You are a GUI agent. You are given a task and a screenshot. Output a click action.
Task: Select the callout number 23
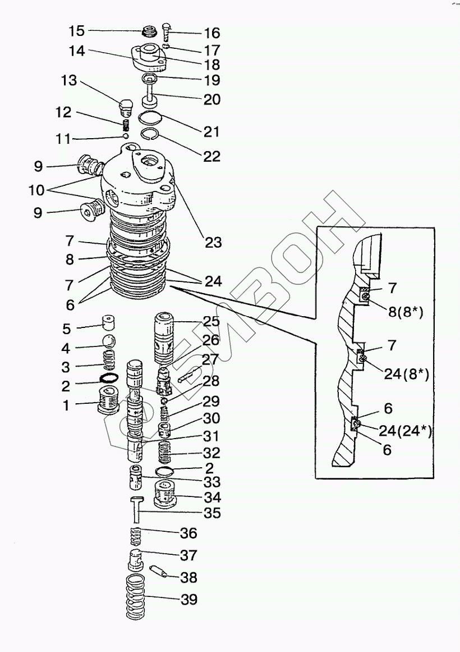[213, 243]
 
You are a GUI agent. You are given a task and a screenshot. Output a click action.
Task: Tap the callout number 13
[68, 81]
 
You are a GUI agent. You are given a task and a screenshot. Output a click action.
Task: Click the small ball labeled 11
[126, 135]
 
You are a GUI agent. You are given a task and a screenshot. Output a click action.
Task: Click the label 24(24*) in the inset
[406, 431]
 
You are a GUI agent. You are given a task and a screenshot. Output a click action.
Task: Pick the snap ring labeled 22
[149, 133]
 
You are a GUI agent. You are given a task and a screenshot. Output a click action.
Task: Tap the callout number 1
[66, 404]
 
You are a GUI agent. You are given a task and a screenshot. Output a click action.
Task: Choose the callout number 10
[36, 190]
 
